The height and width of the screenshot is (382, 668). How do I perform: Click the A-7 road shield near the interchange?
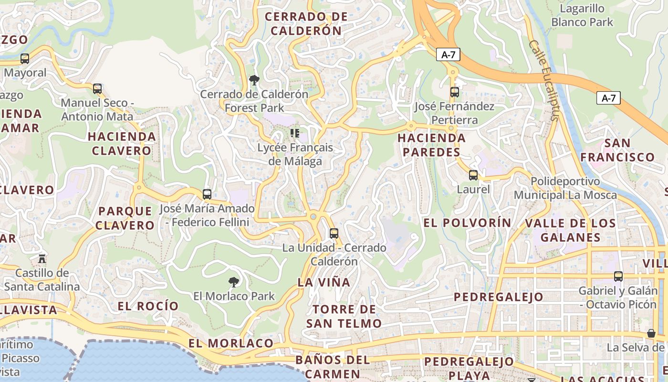tap(448, 54)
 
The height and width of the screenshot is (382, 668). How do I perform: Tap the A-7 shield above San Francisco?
tap(608, 98)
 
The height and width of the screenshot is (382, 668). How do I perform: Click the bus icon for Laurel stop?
tap(473, 175)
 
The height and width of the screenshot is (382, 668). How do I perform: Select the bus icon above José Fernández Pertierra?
tap(454, 92)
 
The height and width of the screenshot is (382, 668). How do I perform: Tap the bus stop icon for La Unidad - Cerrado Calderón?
tap(334, 233)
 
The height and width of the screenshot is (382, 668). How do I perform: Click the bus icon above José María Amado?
tap(207, 194)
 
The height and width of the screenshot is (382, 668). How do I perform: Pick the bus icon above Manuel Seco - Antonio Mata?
tap(97, 89)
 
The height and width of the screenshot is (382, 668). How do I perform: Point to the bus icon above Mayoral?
tap(25, 59)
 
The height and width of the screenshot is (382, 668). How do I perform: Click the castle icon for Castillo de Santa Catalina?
tap(42, 259)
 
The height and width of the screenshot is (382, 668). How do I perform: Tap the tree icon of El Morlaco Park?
tap(234, 282)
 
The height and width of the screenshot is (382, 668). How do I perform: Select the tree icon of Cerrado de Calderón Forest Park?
tap(254, 80)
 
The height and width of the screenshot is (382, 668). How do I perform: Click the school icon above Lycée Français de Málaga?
tap(295, 133)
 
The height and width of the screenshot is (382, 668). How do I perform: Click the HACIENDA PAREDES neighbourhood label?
tap(432, 145)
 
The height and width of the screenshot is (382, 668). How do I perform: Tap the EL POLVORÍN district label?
tap(467, 223)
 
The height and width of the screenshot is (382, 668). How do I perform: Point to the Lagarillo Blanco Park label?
tap(582, 15)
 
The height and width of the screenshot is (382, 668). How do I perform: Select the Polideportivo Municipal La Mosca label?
tap(565, 189)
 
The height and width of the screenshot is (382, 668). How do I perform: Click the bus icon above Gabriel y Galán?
tap(618, 276)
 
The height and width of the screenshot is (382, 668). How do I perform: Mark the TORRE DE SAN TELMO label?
tap(344, 316)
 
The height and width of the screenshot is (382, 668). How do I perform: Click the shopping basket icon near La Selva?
tap(651, 333)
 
